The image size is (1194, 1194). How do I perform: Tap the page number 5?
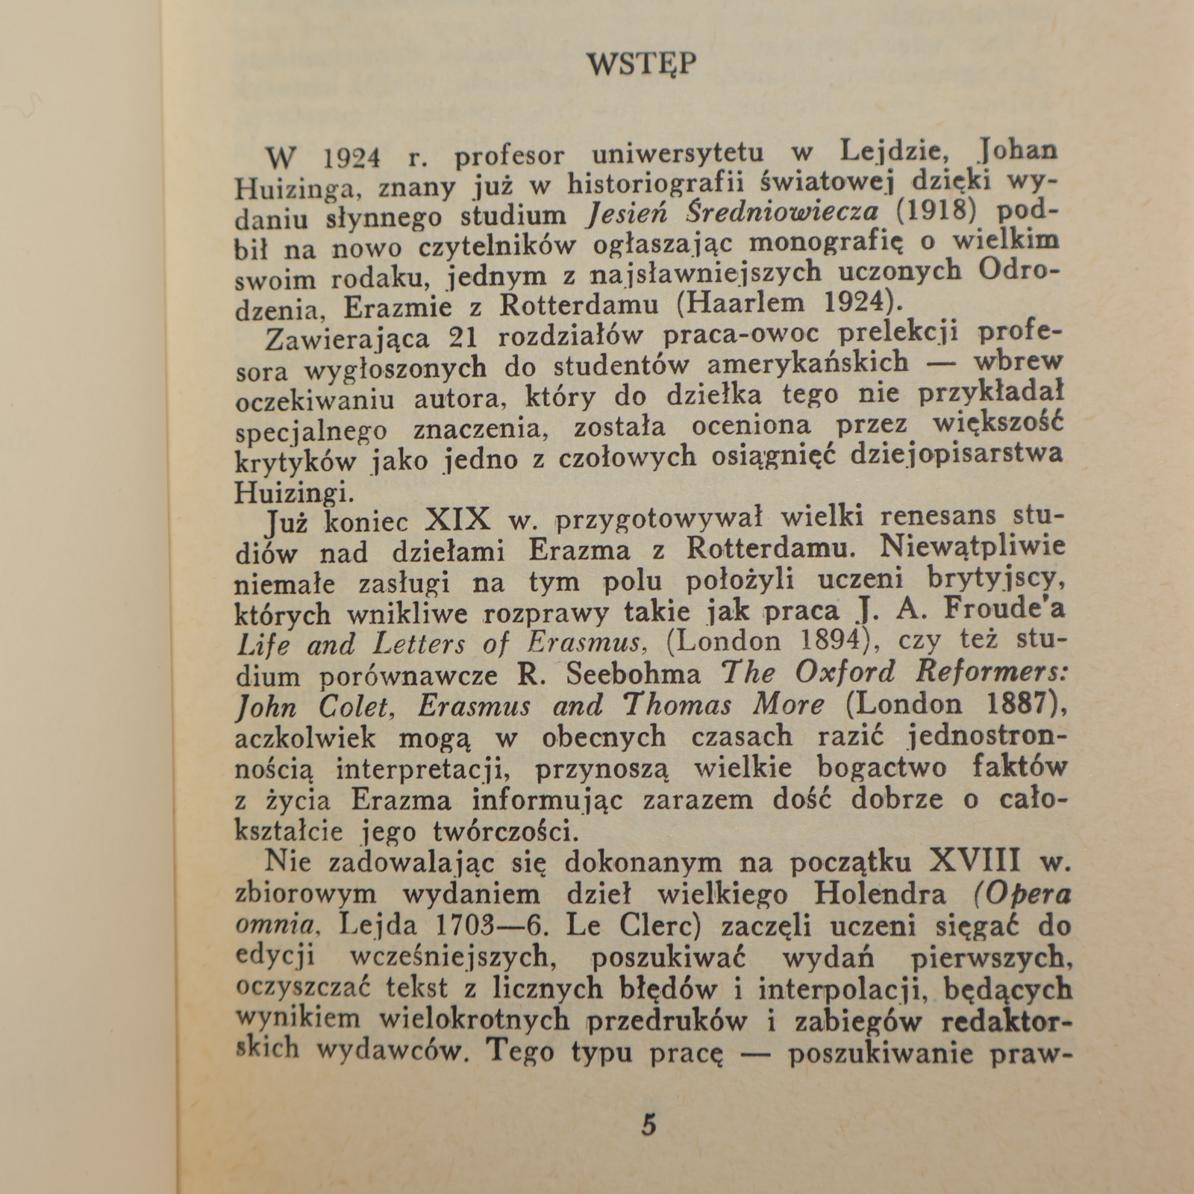point(648,1123)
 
